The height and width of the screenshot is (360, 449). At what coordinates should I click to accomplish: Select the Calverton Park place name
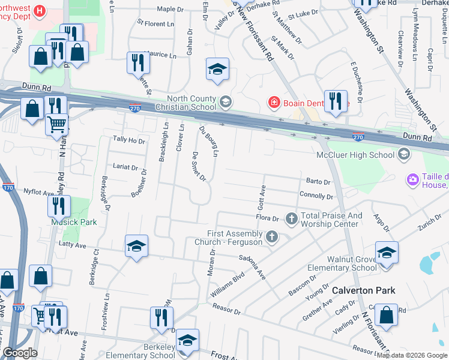364,290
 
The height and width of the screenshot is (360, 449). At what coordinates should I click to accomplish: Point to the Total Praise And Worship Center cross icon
292,217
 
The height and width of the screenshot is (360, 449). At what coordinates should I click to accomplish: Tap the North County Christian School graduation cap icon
225,101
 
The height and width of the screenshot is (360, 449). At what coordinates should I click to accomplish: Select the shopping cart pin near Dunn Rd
56,125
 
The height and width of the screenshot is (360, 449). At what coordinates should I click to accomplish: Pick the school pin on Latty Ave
136,247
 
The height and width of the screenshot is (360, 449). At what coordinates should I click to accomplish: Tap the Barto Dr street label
319,182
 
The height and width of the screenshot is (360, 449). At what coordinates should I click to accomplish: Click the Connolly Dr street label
316,196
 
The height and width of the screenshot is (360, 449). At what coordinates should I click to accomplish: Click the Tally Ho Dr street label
129,140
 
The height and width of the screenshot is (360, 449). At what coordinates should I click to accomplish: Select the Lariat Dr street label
126,168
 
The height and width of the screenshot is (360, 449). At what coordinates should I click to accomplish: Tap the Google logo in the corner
20,353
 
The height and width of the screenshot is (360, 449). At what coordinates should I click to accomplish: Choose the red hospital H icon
40,10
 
